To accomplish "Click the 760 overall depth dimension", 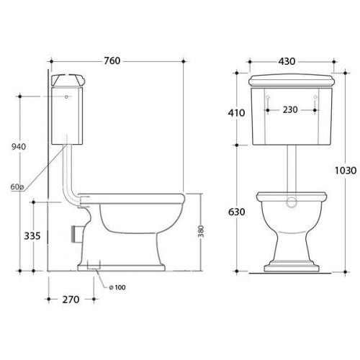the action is tap(112, 61).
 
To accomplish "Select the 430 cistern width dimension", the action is tap(287, 61).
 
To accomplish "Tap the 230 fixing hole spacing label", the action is tap(290, 110).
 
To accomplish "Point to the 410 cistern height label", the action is tap(236, 113).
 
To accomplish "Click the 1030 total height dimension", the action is tap(346, 171).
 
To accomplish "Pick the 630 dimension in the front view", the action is tap(237, 212).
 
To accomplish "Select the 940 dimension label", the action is tap(19, 146).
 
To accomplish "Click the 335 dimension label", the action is tap(32, 236).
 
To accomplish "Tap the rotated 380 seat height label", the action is tap(201, 231).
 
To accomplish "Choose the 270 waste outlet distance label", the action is tap(71, 300).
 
